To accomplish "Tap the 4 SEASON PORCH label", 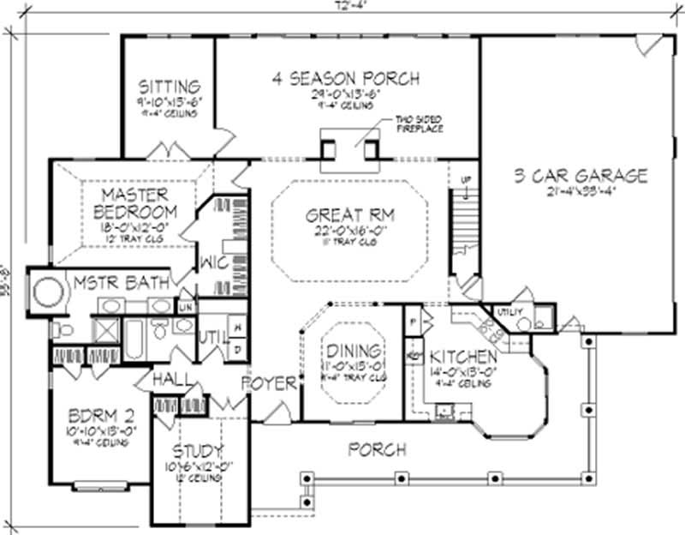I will tap(346, 79).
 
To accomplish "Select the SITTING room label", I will tap(170, 87).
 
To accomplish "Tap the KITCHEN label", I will tap(463, 357).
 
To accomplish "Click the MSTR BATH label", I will tap(112, 282).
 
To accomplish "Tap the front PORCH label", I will tap(378, 449).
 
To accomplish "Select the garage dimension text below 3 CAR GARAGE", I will tap(581, 192).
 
